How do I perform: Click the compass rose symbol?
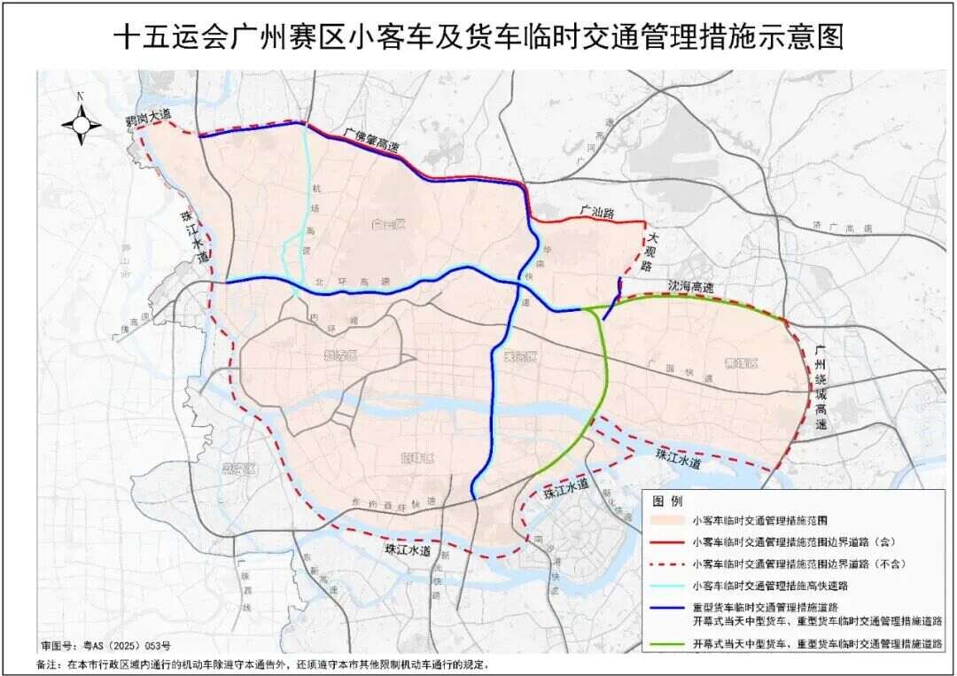point(81,124)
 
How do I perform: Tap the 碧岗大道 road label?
point(146,117)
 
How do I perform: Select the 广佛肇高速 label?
point(372,142)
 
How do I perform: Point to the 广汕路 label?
point(597,213)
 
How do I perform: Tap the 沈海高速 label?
point(690,288)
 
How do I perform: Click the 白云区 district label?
point(387,224)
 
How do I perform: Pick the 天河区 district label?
point(521,356)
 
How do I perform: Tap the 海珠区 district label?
point(416,458)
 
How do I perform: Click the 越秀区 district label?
point(340,355)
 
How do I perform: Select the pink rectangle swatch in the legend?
point(667,520)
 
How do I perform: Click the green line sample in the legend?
point(667,646)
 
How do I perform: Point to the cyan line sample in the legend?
point(667,585)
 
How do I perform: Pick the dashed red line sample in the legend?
point(667,563)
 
